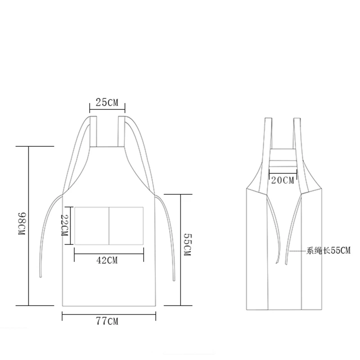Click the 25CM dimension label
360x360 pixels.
107,103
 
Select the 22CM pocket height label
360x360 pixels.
64,225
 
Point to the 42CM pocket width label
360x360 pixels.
107,261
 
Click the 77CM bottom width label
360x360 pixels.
107,321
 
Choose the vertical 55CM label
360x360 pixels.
187,245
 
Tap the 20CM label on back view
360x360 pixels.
283,180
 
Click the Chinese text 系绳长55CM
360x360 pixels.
328,251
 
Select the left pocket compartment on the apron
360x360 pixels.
92,226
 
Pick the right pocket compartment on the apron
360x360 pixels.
126,226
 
